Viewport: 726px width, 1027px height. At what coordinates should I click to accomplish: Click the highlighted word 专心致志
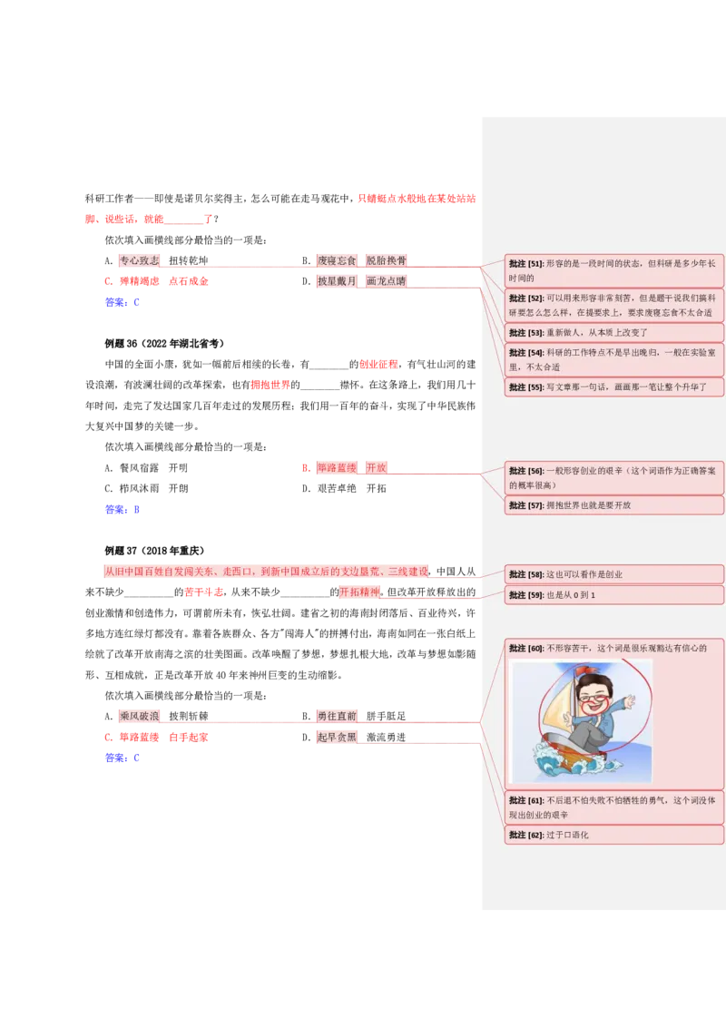[x=139, y=260]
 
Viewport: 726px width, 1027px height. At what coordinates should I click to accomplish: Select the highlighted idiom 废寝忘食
[x=337, y=260]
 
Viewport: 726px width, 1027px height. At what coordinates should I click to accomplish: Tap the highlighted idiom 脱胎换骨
[x=386, y=260]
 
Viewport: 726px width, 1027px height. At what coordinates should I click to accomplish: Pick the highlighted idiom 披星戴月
[x=337, y=281]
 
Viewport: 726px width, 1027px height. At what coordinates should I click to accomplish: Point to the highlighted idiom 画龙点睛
[x=386, y=281]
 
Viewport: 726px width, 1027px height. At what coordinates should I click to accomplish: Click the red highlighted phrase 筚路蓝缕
[x=336, y=468]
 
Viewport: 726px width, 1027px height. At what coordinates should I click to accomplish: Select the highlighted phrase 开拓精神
[x=359, y=592]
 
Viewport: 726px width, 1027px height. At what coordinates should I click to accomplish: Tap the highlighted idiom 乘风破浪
[x=139, y=717]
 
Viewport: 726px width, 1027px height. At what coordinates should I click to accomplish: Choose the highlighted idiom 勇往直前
[x=337, y=717]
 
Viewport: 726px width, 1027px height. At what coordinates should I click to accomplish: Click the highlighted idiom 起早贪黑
[x=337, y=738]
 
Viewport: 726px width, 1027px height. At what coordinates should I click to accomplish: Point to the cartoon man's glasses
[x=595, y=698]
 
